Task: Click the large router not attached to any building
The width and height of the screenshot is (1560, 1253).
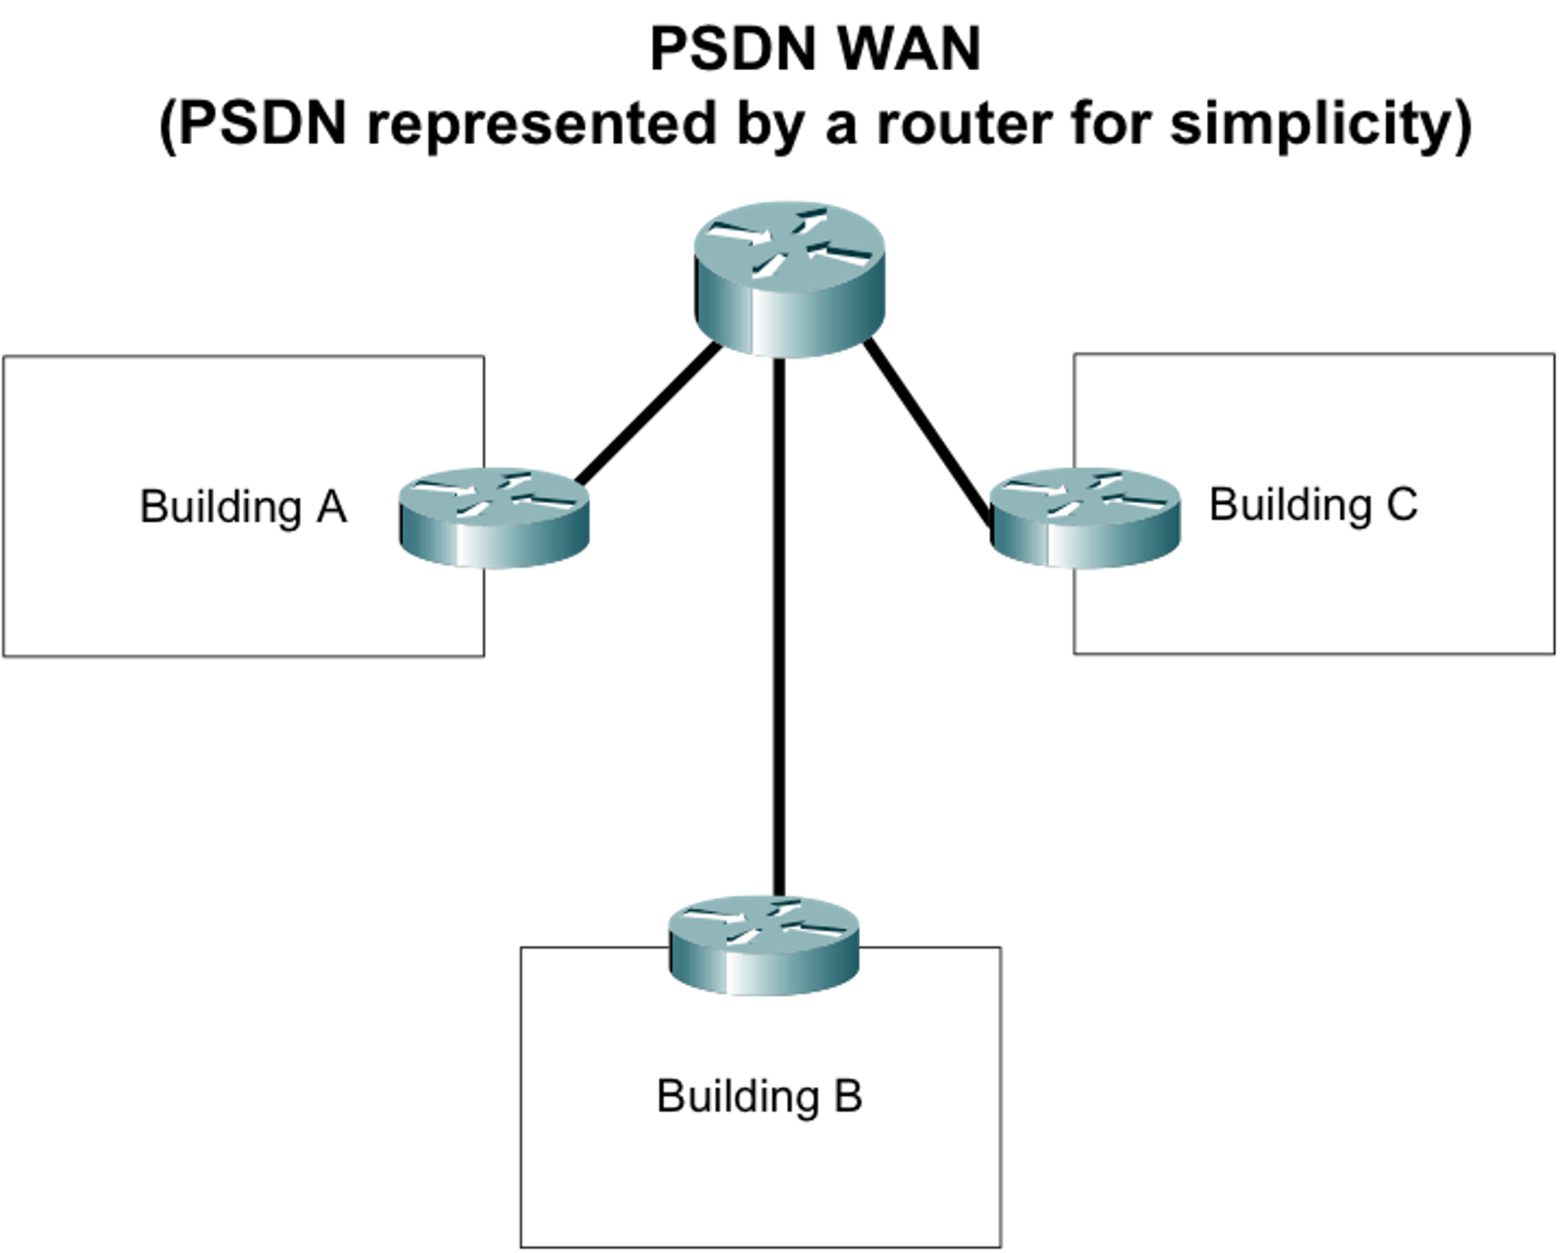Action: point(789,279)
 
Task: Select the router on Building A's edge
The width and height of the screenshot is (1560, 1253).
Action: point(495,518)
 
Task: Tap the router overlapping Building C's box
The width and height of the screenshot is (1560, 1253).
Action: point(1083,518)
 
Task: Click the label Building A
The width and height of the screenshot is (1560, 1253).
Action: point(243,507)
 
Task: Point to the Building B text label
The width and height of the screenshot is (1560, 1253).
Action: point(759,1096)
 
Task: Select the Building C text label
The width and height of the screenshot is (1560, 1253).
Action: point(1313,505)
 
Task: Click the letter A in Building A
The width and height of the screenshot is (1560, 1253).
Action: point(332,507)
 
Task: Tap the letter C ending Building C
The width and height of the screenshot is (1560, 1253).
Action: point(1401,505)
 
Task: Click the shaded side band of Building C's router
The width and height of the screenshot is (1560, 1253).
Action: point(1083,547)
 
